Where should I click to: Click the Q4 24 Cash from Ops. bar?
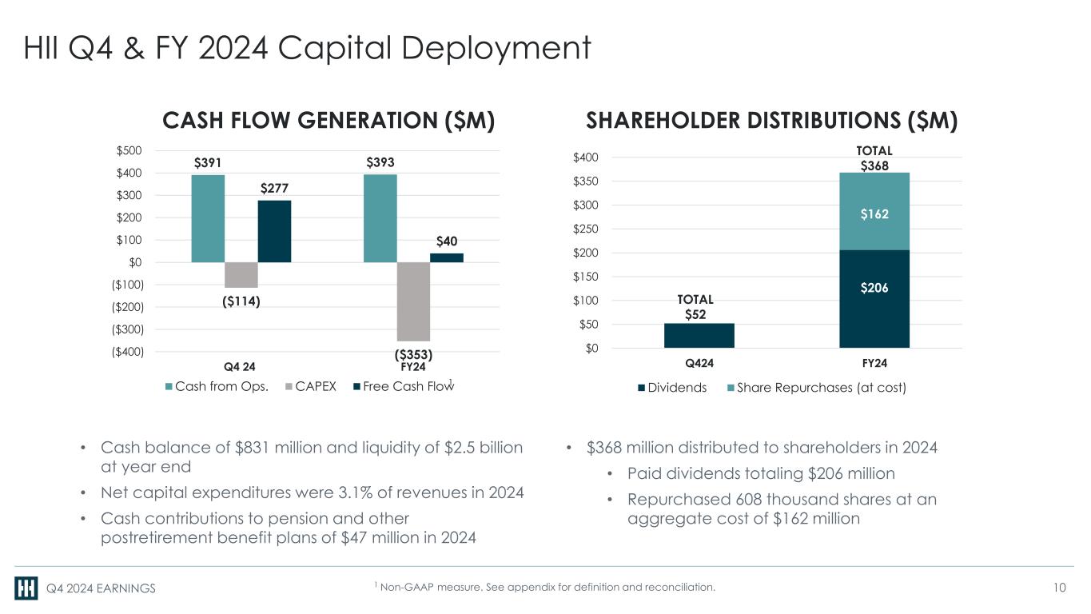(x=208, y=218)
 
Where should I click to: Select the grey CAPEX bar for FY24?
(x=413, y=301)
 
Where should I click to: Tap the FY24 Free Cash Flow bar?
(x=447, y=257)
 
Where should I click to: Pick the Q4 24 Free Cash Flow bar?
(x=274, y=231)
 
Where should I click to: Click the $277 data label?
(x=274, y=188)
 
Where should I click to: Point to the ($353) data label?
(x=413, y=353)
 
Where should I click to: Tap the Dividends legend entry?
(x=671, y=388)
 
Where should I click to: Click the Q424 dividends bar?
(x=699, y=335)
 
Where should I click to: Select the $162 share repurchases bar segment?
(x=874, y=214)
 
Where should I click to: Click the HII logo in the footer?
(x=26, y=588)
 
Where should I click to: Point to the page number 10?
(x=1060, y=588)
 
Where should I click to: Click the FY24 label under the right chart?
(x=875, y=362)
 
